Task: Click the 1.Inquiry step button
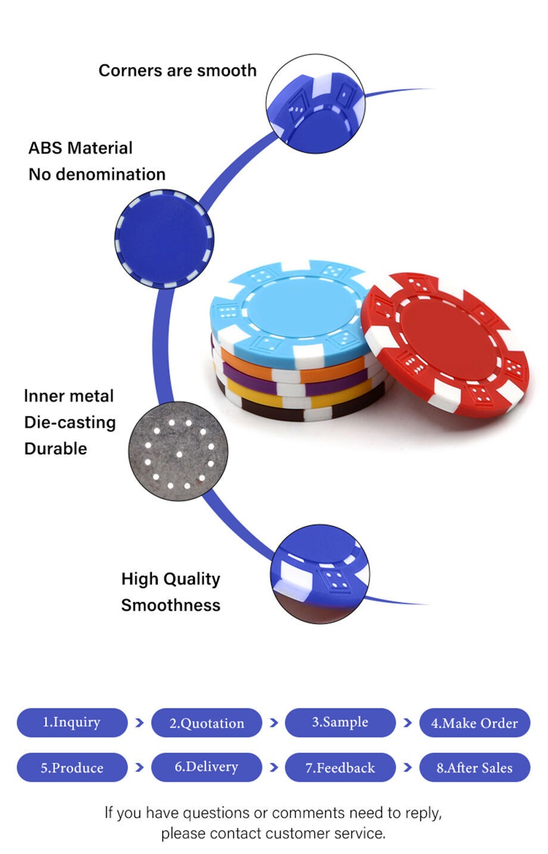point(72,722)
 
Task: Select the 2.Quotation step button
point(207,722)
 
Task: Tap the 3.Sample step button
point(340,722)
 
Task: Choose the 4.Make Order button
point(475,722)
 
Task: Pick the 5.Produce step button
point(72,767)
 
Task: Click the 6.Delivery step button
point(207,767)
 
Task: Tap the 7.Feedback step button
point(340,767)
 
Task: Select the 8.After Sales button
point(475,767)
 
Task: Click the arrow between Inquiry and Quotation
point(140,722)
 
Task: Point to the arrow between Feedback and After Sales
point(407,767)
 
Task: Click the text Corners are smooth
point(178,70)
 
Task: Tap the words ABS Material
point(80,148)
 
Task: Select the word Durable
point(55,448)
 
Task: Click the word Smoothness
point(170,605)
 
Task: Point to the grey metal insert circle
point(178,451)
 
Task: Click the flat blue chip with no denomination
point(164,239)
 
